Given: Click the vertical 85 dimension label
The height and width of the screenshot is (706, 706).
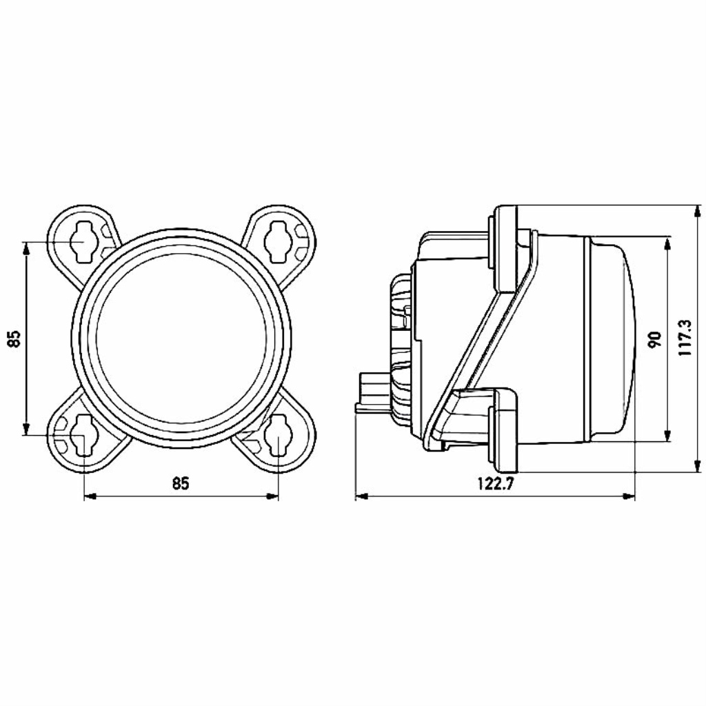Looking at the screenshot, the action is pos(14,339).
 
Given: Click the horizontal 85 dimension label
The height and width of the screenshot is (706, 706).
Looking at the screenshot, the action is pos(181,483).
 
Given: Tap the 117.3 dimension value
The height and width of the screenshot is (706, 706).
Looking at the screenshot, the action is pos(685,338).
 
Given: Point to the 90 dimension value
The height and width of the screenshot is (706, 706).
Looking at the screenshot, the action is pos(655,339).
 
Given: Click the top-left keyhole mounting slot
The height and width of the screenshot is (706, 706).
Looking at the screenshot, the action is pos(83,241).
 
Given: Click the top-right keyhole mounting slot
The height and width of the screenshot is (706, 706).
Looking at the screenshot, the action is pos(277,241).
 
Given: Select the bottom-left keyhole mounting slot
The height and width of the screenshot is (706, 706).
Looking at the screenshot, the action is pos(83,436).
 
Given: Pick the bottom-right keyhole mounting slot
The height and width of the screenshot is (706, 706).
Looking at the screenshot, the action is pos(278,436).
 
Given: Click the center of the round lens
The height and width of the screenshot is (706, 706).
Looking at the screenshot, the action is pos(181,338).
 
